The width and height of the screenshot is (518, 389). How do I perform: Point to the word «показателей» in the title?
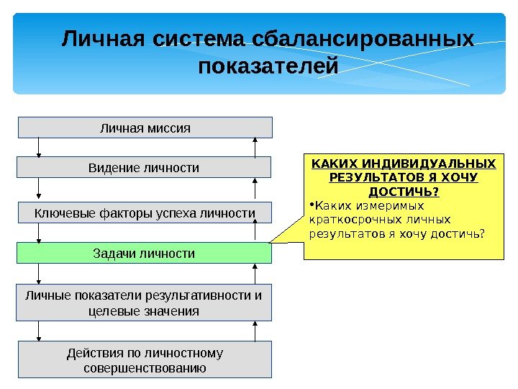click(268, 67)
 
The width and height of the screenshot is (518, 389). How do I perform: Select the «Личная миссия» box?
click(145, 128)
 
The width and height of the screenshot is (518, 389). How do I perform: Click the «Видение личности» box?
click(144, 168)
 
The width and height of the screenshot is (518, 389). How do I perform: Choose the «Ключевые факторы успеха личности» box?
click(145, 213)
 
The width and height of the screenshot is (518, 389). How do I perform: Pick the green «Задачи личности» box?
click(144, 254)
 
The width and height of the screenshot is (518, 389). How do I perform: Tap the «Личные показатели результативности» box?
click(144, 303)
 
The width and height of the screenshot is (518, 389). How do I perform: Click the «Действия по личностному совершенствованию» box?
click(145, 360)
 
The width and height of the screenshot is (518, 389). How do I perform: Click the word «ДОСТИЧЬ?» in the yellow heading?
click(404, 192)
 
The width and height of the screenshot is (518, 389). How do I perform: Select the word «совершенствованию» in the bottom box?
click(145, 368)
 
